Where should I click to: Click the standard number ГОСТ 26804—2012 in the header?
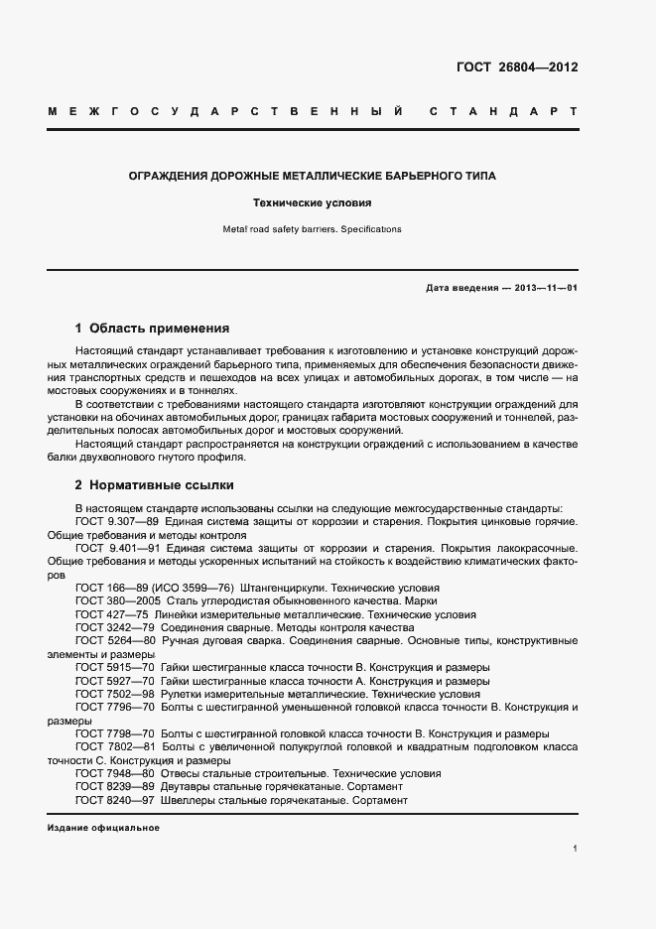click(516, 68)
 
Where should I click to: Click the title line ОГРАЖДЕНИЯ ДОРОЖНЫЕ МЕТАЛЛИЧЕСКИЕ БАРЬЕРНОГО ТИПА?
click(313, 176)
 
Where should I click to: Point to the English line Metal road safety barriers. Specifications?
click(313, 229)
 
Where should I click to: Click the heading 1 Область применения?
click(153, 328)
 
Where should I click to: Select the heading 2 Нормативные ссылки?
click(154, 485)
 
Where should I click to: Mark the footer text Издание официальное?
click(103, 828)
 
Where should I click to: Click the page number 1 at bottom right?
click(576, 849)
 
